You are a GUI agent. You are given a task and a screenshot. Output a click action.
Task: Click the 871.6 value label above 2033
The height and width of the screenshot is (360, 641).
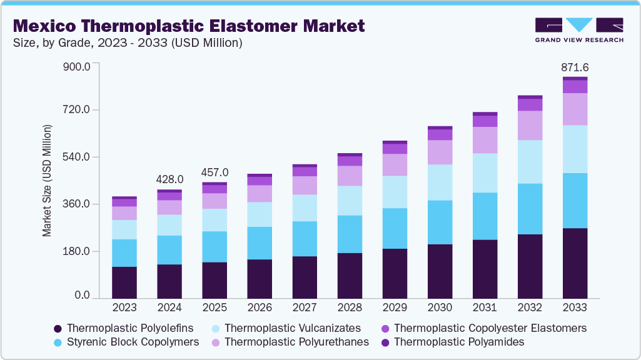point(575,67)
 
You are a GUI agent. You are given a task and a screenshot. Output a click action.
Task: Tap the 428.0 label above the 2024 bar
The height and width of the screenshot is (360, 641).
point(169,179)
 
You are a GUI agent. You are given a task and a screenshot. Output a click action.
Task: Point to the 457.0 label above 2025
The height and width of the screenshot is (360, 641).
point(215,172)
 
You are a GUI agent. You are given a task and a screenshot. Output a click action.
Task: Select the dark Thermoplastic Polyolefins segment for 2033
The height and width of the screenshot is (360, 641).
point(575,263)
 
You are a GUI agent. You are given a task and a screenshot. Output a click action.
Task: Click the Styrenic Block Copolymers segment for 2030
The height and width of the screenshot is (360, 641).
point(440,222)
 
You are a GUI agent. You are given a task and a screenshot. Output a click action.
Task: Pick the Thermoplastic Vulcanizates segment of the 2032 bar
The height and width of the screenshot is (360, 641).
point(530,162)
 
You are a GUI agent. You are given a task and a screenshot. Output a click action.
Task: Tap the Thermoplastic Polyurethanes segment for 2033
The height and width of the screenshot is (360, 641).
point(575,109)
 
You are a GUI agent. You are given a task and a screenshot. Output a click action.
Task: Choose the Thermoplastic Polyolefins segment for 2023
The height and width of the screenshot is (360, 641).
point(124,282)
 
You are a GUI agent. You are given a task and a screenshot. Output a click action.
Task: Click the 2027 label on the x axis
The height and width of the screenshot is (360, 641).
point(305,307)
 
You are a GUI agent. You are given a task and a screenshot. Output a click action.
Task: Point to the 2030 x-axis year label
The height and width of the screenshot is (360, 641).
point(440,307)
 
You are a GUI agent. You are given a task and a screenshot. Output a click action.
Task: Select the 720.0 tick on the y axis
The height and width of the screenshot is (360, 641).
point(78,110)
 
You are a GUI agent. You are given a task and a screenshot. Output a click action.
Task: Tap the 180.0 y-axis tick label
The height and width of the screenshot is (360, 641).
point(78,251)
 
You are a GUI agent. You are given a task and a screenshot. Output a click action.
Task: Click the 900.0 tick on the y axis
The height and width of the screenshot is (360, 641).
point(78,66)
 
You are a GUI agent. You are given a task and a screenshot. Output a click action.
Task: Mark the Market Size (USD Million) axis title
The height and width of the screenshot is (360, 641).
point(47,181)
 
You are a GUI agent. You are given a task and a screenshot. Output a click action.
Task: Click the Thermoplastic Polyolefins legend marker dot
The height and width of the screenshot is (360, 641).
point(58,329)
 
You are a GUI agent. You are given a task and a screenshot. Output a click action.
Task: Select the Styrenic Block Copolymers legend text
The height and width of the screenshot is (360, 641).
point(133,342)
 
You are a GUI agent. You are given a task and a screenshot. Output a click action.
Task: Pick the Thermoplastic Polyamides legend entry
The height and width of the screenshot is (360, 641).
point(459,342)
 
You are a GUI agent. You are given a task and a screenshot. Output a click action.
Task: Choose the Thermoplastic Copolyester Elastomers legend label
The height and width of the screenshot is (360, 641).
point(490,328)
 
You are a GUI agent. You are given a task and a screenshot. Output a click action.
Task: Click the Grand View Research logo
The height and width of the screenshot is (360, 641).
point(578,29)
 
